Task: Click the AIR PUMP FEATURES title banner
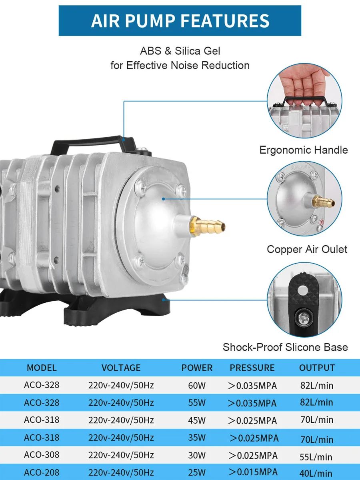coord(180,21)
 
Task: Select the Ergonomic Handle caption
coord(304,150)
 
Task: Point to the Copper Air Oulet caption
coord(307,250)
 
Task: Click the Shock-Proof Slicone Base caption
coord(285,347)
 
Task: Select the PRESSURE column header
coord(252,368)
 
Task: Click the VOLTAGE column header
coord(121,368)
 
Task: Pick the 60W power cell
coord(197,386)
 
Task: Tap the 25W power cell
coord(197,473)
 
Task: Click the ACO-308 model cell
coord(42,455)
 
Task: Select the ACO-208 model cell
coord(42,473)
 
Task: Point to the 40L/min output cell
coord(316,474)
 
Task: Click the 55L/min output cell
coord(316,456)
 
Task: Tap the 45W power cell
coord(197,420)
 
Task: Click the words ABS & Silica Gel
coord(180,51)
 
